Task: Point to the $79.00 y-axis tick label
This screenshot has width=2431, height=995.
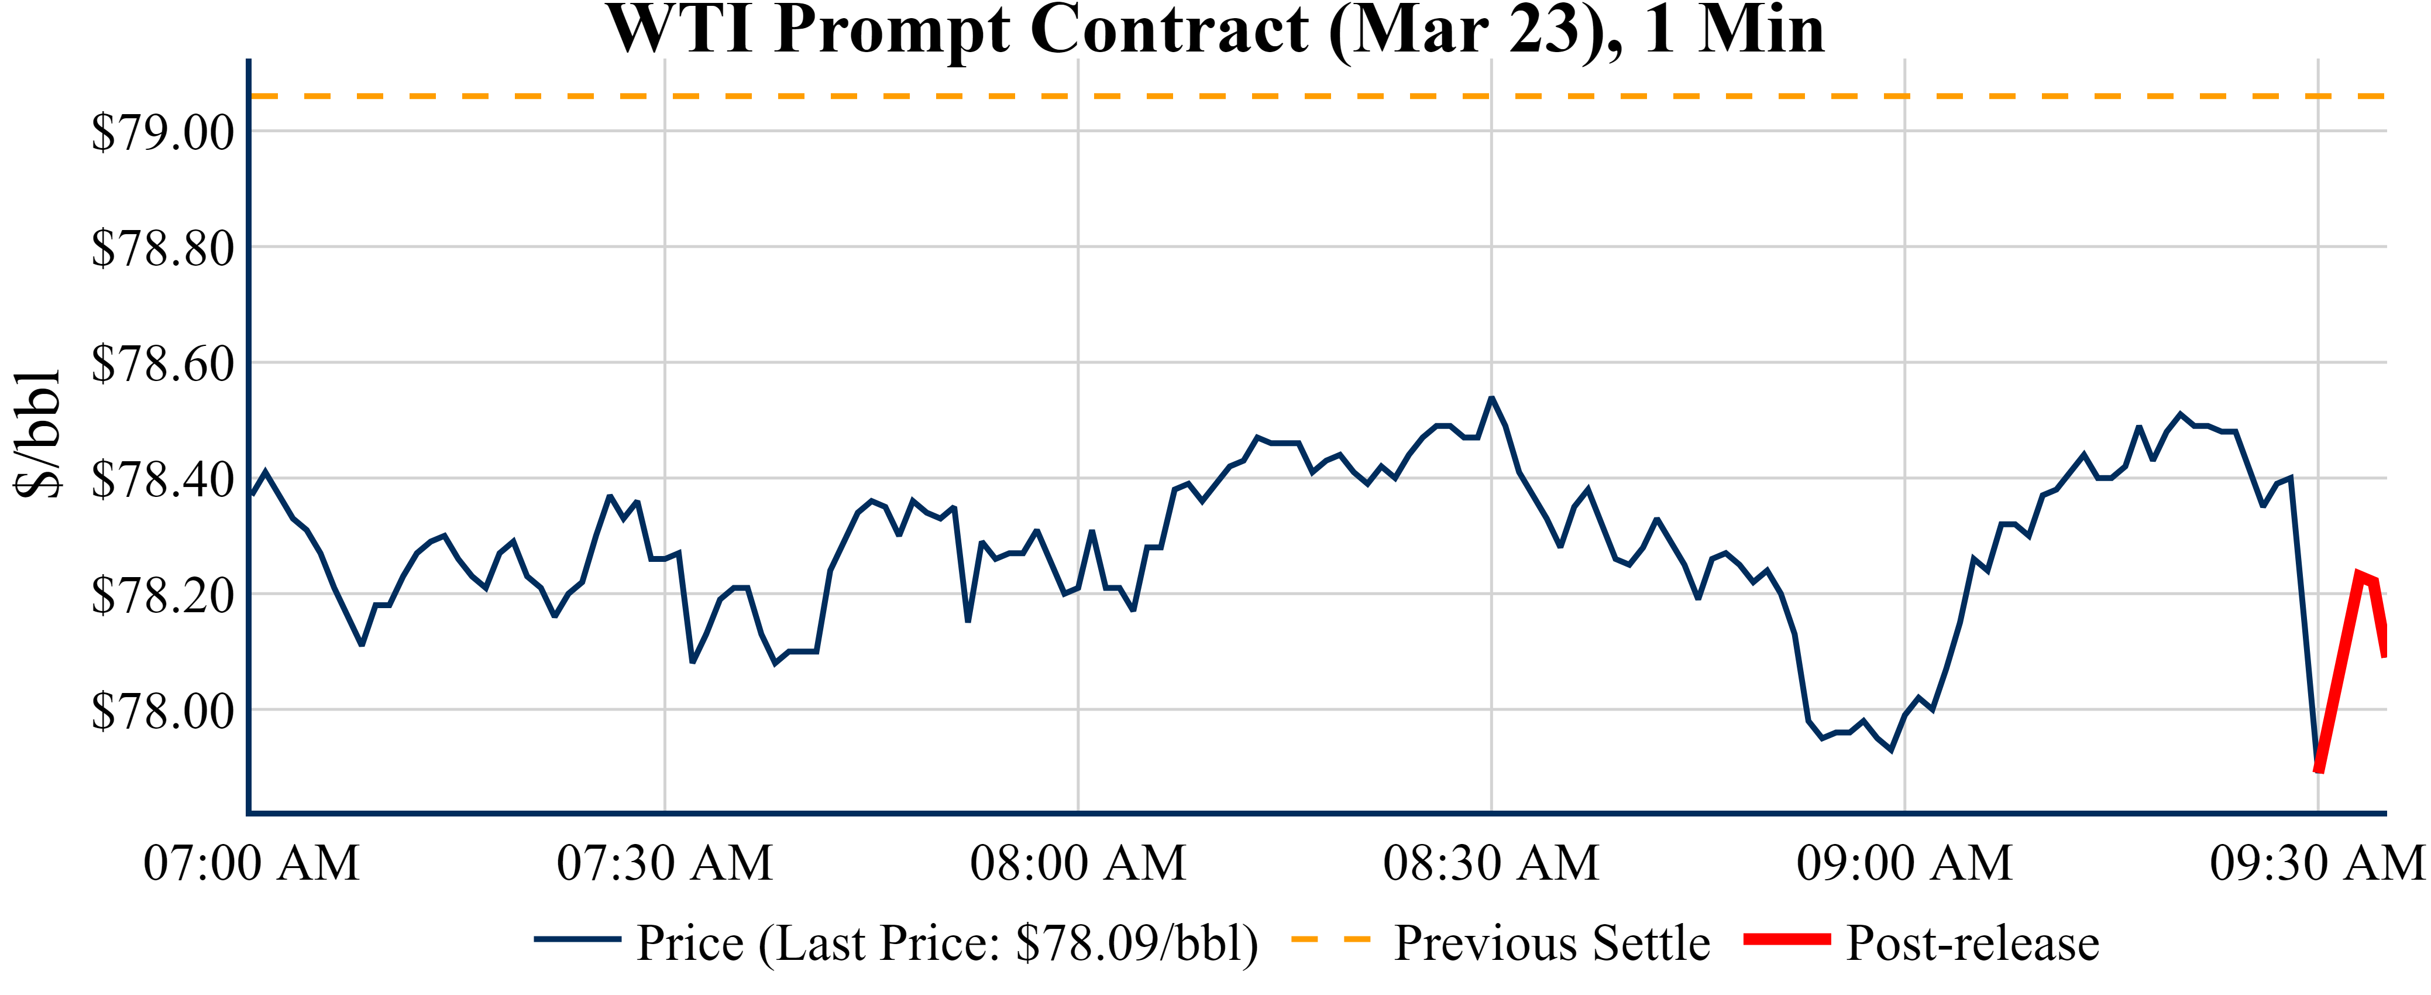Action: pyautogui.click(x=162, y=132)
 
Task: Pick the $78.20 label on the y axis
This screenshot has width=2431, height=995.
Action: pyautogui.click(x=162, y=596)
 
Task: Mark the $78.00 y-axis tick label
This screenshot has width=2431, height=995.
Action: pyautogui.click(x=162, y=711)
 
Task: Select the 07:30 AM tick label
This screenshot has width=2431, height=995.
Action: pyautogui.click(x=665, y=863)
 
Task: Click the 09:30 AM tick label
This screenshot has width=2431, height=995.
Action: pyautogui.click(x=2317, y=863)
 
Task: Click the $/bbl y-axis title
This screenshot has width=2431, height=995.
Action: pyautogui.click(x=38, y=433)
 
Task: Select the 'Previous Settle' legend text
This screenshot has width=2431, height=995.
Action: pyautogui.click(x=1552, y=943)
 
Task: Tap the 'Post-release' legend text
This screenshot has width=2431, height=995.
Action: pyautogui.click(x=1972, y=943)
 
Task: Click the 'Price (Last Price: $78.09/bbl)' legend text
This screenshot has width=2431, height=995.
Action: pyautogui.click(x=947, y=943)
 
